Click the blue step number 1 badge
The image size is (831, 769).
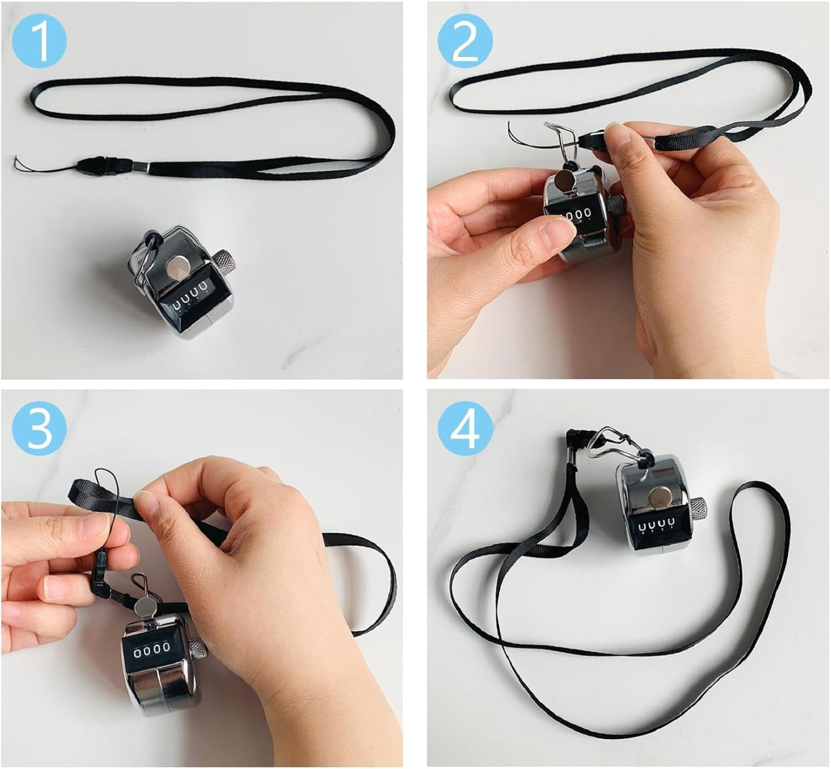click(x=39, y=41)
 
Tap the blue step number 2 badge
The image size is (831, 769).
click(x=465, y=41)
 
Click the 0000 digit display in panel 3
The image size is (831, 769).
click(x=152, y=648)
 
